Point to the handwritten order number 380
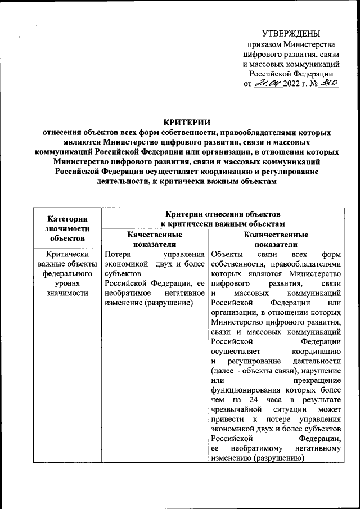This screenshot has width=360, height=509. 328,84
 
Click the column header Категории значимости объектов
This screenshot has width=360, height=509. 67,228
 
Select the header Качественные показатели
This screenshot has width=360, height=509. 154,239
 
